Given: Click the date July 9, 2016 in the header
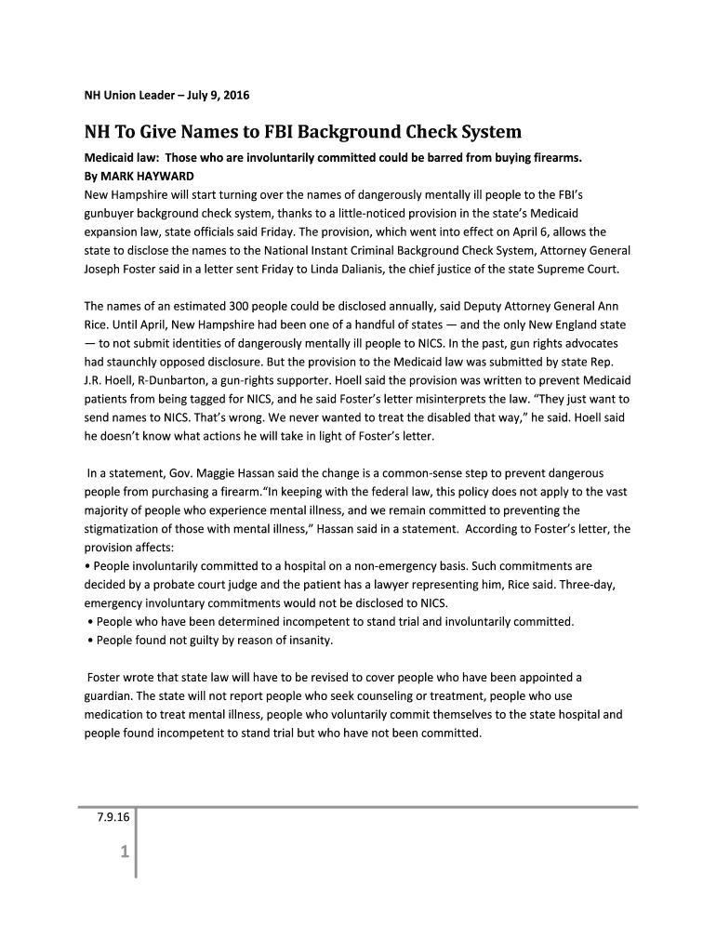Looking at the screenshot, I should click(214, 96).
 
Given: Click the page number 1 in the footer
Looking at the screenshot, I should click(123, 853).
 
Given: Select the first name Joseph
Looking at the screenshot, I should click(105, 268).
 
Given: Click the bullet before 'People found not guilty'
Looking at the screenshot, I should click(88, 640).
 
